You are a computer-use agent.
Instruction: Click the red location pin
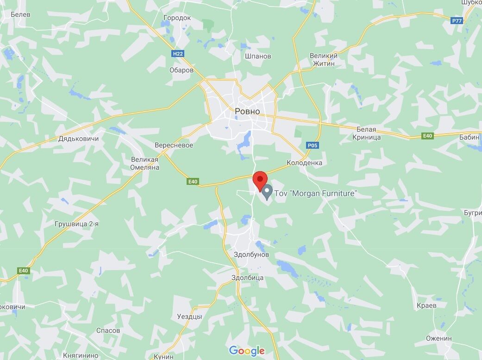260,179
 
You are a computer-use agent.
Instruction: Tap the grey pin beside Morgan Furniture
267,190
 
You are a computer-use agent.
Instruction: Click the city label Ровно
247,112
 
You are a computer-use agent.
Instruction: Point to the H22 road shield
178,54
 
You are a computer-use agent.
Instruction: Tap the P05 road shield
313,145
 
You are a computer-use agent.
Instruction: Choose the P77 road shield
457,21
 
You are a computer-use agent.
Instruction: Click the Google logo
247,351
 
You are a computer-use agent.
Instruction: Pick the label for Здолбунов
251,255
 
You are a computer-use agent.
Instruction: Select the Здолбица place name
247,278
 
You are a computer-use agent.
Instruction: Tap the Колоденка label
304,163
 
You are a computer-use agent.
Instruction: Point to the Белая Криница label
366,133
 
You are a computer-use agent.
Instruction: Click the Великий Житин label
323,59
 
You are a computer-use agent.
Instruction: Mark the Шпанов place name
258,56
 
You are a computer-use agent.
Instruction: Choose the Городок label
177,18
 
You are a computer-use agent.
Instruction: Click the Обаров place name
182,70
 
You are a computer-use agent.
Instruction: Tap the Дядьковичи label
79,139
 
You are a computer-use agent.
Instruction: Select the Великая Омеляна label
145,163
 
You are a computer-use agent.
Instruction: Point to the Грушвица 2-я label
76,224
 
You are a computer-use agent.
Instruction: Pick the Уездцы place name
189,316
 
